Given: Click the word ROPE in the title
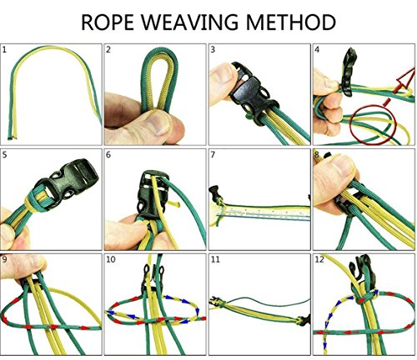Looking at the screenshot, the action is point(108,22).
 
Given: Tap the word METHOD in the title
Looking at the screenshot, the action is point(291,22).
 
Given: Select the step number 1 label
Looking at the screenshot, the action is point(4,50).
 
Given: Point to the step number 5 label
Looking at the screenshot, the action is point(4,155).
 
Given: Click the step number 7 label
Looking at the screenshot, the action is point(213,155).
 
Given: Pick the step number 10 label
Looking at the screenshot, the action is point(111,259).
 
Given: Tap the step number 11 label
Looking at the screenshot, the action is point(215,259).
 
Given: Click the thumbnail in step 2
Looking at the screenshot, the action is point(158,122).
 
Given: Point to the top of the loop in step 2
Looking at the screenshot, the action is point(160,49).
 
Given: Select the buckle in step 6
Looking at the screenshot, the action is point(152,196).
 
